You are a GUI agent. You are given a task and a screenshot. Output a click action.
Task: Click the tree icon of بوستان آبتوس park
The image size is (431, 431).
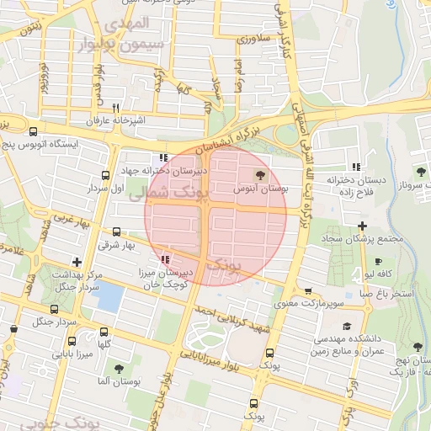258,175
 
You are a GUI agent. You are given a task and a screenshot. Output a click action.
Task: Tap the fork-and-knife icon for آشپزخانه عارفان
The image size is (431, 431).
115,108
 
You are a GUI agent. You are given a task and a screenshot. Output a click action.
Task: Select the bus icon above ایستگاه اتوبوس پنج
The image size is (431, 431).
33,131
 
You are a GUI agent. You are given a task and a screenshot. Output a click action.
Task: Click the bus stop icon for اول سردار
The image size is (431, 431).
105,175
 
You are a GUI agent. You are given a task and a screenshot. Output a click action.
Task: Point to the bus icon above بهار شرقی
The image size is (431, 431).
116,231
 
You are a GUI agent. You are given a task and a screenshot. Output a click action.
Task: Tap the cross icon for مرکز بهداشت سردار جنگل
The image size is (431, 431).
77,262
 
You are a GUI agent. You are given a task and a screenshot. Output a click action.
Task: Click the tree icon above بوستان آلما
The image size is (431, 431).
118,368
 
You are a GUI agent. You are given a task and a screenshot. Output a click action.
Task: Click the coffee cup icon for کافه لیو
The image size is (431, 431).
378,261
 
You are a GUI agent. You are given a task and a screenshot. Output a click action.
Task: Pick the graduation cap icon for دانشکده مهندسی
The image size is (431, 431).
348,326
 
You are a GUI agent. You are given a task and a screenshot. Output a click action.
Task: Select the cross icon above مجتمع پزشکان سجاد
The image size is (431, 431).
362,226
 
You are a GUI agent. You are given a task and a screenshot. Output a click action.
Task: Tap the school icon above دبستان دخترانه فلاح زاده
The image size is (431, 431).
357,167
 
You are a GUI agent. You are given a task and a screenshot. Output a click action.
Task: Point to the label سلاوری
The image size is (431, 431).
252,39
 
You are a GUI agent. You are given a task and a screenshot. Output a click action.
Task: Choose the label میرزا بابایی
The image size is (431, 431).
74,354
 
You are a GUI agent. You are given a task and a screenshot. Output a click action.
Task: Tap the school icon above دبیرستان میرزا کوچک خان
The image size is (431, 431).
166,259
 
